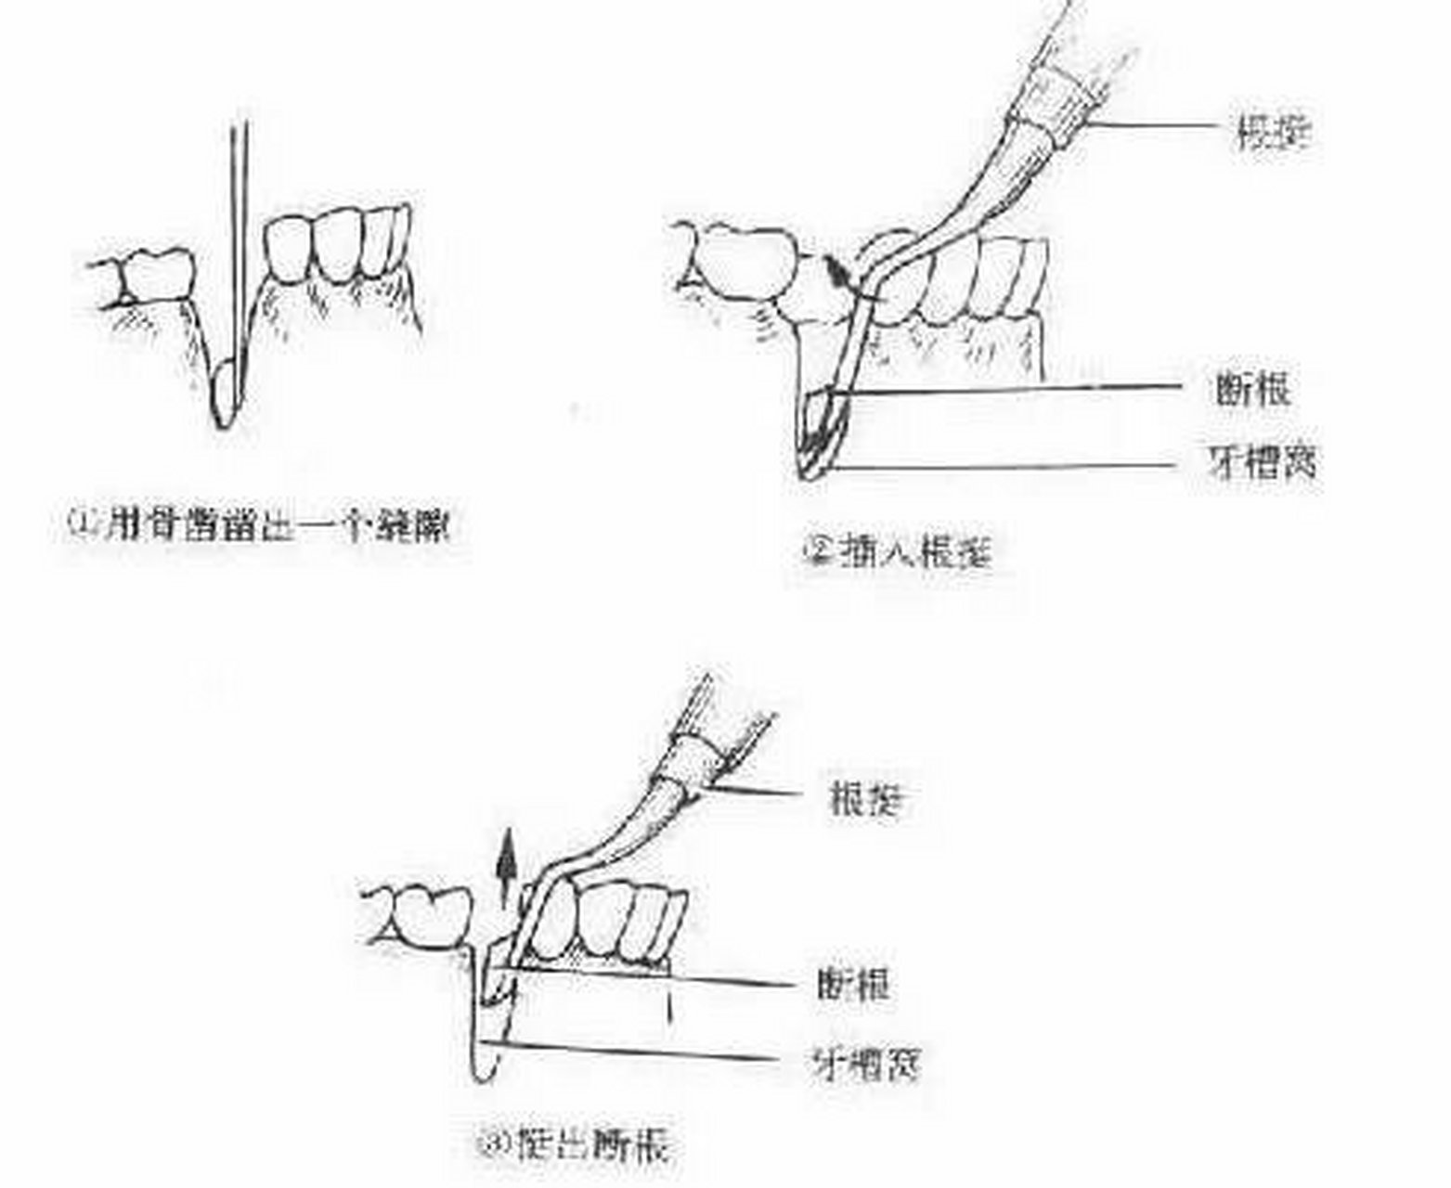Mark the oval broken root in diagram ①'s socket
pyautogui.click(x=225, y=392)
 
